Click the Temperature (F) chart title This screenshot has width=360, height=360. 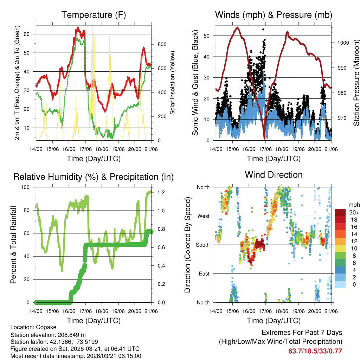tap(94, 15)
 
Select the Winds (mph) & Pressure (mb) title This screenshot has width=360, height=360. tap(274, 15)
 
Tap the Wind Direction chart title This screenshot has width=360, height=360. tap(274, 175)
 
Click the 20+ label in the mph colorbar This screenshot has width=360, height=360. tap(354, 213)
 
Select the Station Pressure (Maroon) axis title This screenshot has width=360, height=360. tap(356, 83)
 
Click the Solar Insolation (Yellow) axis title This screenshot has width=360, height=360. tap(173, 83)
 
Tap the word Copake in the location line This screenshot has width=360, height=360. tap(45, 327)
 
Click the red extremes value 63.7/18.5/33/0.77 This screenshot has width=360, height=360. tap(315, 351)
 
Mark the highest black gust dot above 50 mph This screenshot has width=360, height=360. tap(263, 30)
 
